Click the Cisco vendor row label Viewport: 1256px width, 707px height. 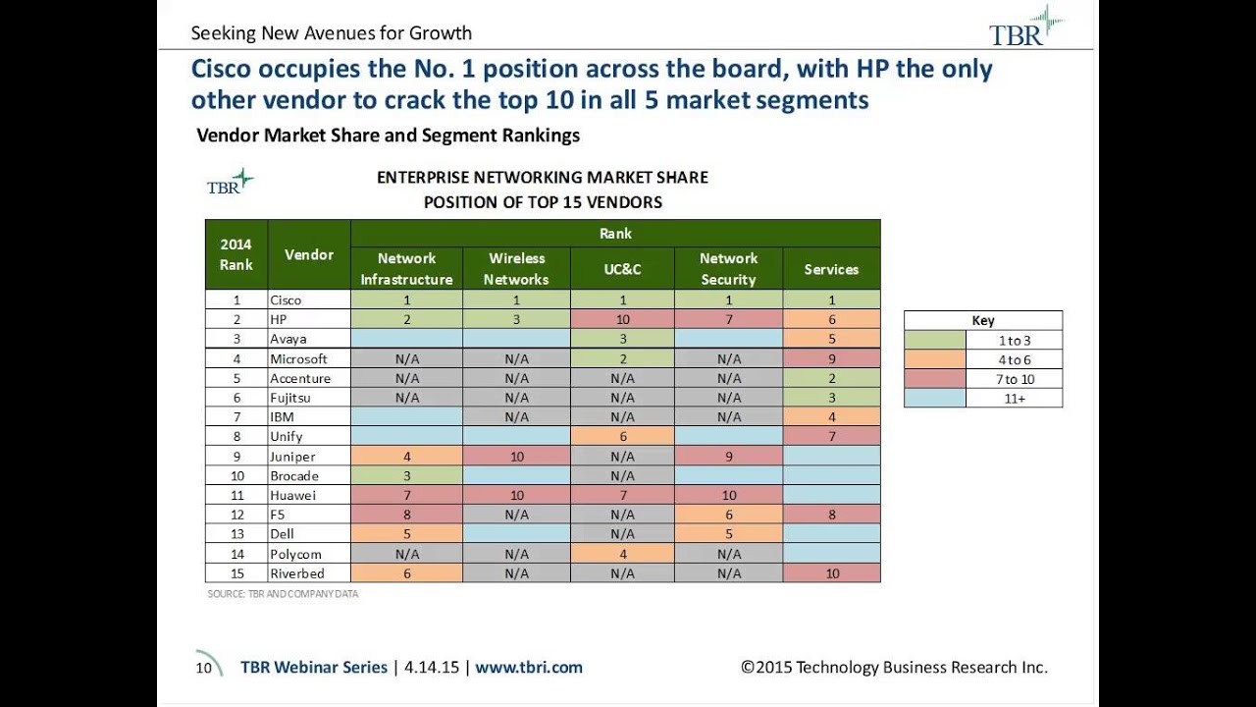click(286, 300)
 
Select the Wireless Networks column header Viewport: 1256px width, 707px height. click(517, 269)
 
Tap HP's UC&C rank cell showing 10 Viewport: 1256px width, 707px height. click(622, 320)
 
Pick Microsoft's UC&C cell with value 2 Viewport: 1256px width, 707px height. click(622, 359)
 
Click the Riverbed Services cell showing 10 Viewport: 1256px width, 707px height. click(831, 573)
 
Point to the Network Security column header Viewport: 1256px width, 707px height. click(728, 269)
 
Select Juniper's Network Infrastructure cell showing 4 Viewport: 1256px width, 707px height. click(406, 457)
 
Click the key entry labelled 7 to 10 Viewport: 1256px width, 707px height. click(1014, 379)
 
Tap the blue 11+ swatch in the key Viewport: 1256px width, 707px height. click(934, 399)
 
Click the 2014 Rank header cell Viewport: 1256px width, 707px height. click(235, 254)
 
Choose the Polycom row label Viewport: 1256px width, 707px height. click(295, 554)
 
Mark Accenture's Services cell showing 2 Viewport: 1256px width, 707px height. click(831, 378)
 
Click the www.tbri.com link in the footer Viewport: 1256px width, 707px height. click(529, 667)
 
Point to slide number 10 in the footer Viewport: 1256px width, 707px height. click(204, 668)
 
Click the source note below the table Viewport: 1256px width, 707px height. click(283, 594)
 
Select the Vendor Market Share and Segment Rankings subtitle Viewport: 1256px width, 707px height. click(388, 136)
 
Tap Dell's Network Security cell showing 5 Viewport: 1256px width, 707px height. click(728, 534)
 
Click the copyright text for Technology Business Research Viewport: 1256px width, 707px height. click(894, 667)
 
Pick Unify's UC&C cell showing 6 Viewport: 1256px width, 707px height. click(622, 437)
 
